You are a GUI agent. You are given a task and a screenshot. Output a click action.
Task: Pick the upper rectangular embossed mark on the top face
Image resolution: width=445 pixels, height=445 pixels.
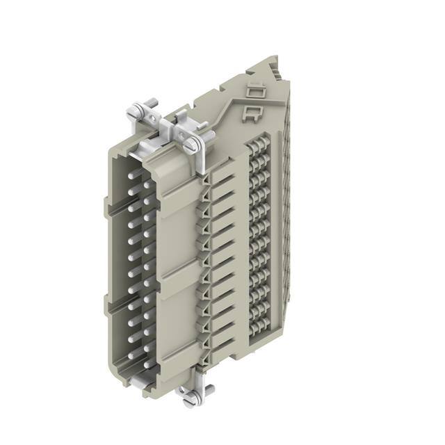[254, 92]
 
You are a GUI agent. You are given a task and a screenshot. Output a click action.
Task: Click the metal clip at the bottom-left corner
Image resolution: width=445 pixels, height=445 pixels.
[136, 382]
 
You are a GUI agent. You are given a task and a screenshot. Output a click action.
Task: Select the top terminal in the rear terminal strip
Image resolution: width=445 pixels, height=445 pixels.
[258, 148]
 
